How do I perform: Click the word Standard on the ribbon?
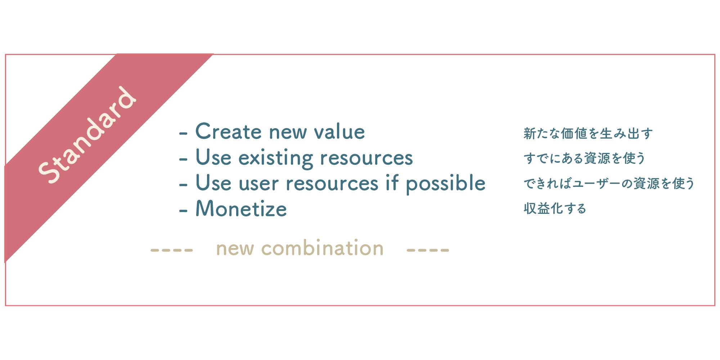point(87,135)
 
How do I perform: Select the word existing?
point(276,158)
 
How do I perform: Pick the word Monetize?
point(241,208)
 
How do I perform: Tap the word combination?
point(322,248)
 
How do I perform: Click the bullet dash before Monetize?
point(183,211)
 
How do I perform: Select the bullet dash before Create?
point(183,133)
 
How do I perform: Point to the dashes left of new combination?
point(172,250)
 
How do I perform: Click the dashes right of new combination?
point(428,250)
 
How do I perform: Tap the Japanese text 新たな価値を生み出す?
point(588,133)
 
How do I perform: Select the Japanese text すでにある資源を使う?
point(584,158)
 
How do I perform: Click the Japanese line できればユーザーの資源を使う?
point(609,183)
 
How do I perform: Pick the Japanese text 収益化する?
point(555,208)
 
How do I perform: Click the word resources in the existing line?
point(366,158)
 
